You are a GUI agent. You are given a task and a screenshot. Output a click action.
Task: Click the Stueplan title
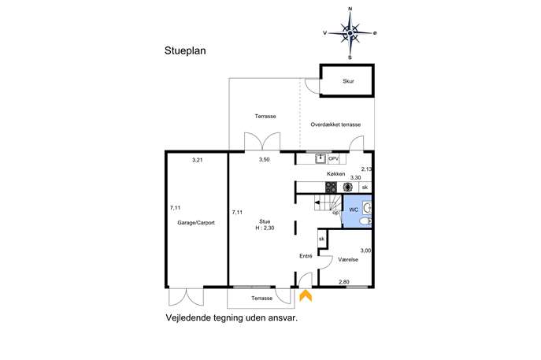click(185, 51)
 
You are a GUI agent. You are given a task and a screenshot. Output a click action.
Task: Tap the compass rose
click(350, 33)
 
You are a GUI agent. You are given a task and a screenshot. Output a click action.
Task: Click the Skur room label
click(348, 81)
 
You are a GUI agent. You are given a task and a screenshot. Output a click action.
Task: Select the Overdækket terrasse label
click(335, 124)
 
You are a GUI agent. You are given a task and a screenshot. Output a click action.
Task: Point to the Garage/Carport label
click(196, 223)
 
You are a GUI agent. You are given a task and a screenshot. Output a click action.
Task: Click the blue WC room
click(357, 211)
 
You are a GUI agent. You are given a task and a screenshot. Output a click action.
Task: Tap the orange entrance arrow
click(306, 296)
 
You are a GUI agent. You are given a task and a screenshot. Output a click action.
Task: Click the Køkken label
click(335, 174)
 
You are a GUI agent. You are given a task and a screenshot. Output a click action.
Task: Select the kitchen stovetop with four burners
click(332, 187)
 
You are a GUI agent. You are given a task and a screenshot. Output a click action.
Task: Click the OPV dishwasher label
click(333, 159)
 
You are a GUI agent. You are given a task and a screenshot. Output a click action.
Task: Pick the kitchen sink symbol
click(321, 159)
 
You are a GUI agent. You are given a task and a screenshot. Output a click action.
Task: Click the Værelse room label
click(348, 259)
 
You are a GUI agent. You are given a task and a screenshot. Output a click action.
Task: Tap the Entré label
click(306, 256)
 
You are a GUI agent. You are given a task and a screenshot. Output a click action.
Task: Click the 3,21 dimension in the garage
click(197, 160)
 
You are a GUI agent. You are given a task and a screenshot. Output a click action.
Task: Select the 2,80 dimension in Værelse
click(343, 282)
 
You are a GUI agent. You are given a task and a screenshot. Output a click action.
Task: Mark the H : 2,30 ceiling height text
click(265, 228)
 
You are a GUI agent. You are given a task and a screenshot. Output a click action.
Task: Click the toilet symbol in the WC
click(365, 221)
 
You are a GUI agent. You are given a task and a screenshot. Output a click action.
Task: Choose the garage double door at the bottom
click(187, 296)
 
